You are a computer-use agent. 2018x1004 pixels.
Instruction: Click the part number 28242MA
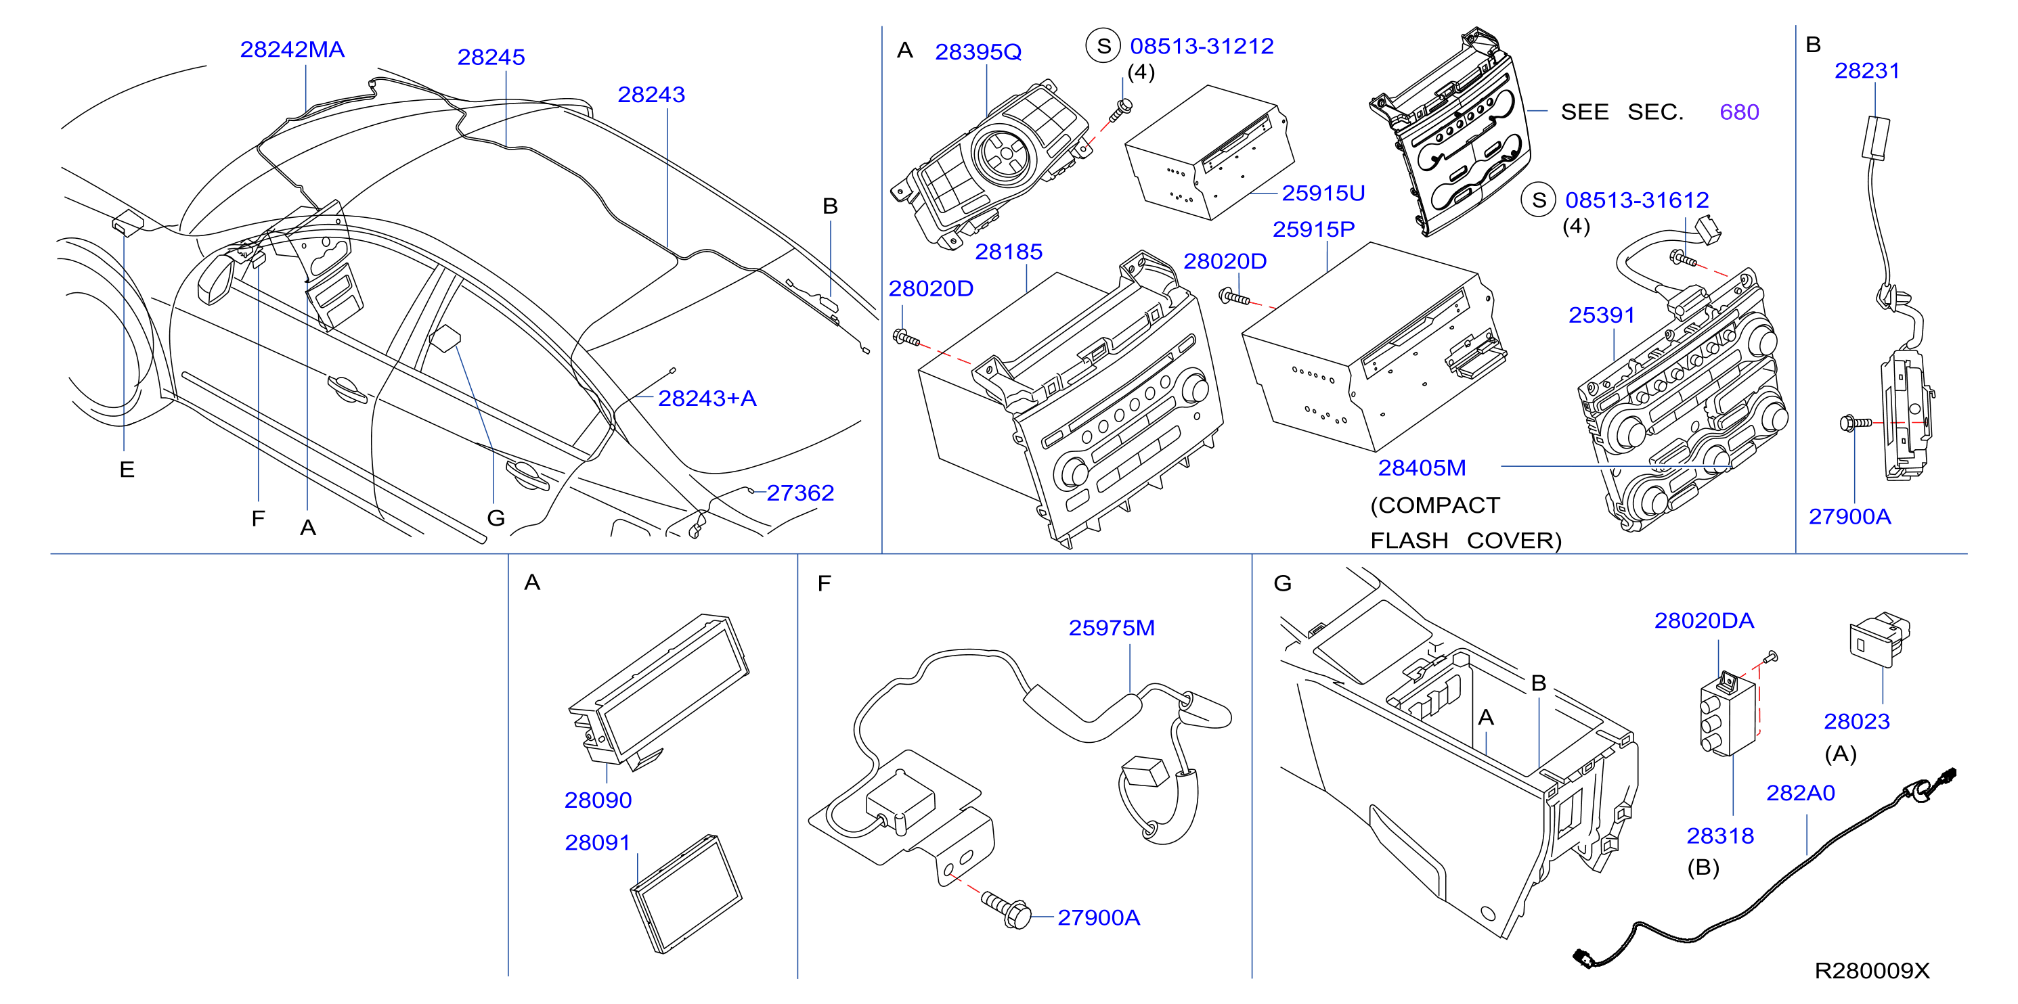coord(292,49)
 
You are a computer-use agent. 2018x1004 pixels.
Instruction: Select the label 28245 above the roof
coord(491,58)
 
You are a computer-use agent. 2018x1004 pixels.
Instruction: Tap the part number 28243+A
coord(707,398)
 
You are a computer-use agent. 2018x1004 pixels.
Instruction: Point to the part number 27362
coord(800,493)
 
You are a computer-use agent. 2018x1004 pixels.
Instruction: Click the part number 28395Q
coord(978,51)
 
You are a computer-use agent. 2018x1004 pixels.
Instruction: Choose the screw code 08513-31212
coord(1202,46)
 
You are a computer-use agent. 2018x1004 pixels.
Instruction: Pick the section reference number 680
coord(1739,112)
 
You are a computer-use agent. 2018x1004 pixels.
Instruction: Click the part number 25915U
coord(1323,193)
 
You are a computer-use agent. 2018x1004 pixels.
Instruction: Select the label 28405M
coord(1422,467)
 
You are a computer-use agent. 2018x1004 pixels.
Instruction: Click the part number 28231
coord(1868,70)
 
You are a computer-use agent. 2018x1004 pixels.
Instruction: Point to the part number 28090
coord(598,800)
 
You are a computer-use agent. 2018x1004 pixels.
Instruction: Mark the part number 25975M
coord(1112,627)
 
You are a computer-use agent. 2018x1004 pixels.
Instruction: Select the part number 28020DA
coord(1704,620)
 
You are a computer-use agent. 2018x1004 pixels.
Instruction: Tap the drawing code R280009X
coord(1872,970)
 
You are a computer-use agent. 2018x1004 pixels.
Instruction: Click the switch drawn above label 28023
coord(1880,639)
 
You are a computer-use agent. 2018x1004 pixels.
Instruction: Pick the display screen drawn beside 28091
coord(686,894)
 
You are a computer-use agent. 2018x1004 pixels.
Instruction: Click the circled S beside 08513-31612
coord(1539,200)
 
